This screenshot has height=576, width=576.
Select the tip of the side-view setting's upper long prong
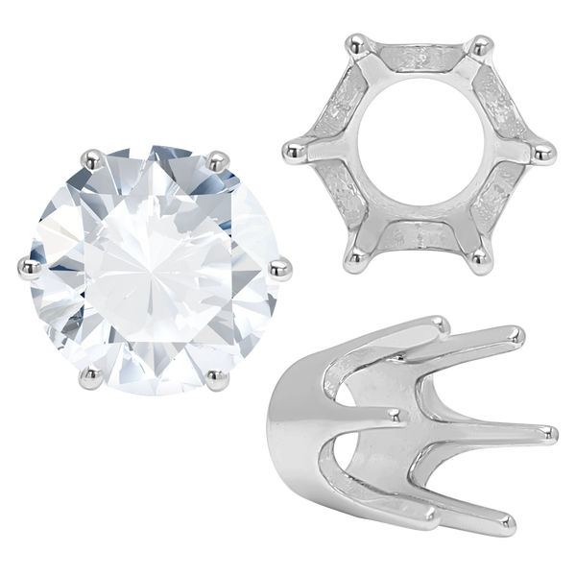click(x=519, y=333)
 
